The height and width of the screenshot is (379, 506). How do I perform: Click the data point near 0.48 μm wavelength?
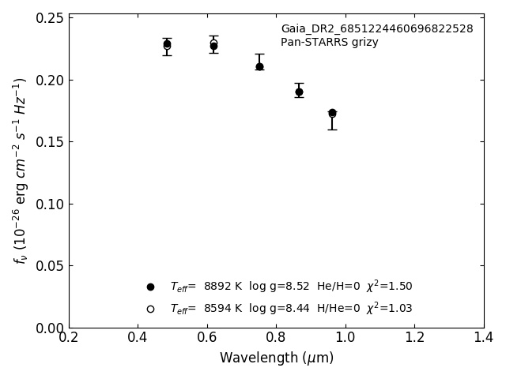[x=167, y=44]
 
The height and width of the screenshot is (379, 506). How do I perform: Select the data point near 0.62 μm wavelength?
[x=213, y=45]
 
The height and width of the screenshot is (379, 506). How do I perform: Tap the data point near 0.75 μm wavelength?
[x=259, y=66]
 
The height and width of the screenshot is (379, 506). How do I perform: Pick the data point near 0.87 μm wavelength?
[x=299, y=92]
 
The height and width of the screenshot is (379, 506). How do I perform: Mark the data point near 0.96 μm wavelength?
[x=332, y=113]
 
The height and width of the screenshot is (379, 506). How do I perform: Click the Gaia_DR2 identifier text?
[x=376, y=29]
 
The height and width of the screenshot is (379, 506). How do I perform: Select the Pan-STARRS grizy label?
[x=329, y=43]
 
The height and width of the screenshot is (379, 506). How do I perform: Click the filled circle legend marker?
[x=150, y=287]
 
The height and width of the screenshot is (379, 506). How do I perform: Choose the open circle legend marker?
[x=150, y=309]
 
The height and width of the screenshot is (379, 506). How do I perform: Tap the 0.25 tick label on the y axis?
[x=48, y=18]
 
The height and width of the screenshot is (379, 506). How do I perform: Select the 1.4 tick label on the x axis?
[x=484, y=338]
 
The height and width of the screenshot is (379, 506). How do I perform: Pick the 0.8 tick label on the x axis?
[x=276, y=338]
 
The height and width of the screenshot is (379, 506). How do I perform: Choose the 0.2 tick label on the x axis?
[x=69, y=338]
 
